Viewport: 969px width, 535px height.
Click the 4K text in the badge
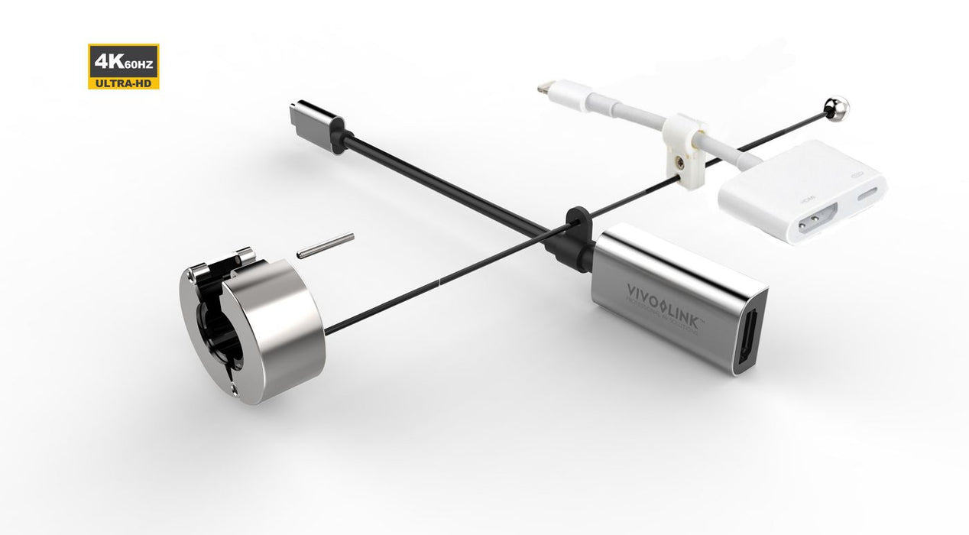pyautogui.click(x=103, y=60)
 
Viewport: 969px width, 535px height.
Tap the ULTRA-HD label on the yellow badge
pyautogui.click(x=123, y=82)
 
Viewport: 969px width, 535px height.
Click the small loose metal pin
pyautogui.click(x=326, y=245)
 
